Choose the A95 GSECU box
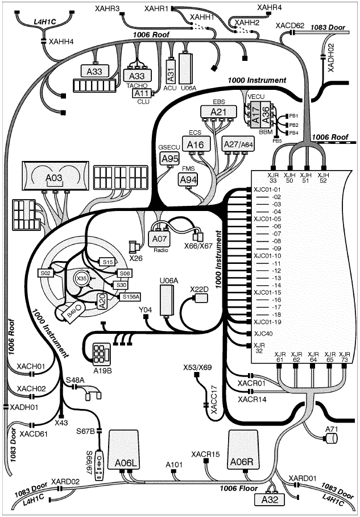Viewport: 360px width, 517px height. (169, 159)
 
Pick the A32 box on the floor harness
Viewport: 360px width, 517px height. (271, 499)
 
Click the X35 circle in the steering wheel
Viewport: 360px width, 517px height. (82, 279)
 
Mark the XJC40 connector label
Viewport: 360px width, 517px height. (263, 333)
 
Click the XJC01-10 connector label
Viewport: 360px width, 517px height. (267, 256)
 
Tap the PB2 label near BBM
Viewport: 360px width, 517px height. (293, 125)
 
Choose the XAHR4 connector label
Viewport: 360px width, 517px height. (270, 7)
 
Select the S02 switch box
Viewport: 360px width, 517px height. (46, 274)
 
